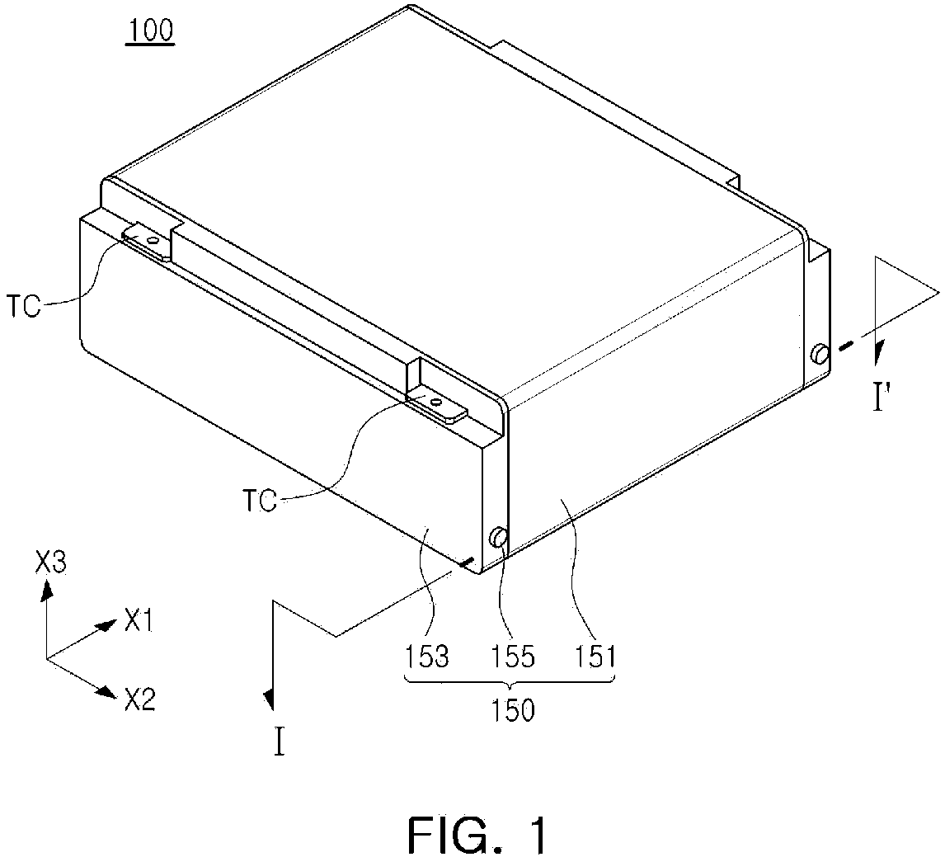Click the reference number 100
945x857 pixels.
150,31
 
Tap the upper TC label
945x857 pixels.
24,306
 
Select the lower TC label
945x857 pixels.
260,500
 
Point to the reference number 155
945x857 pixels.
512,657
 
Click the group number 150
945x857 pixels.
512,711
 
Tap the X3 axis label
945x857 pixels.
50,564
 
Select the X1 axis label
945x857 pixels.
138,622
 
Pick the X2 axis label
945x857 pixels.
140,699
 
